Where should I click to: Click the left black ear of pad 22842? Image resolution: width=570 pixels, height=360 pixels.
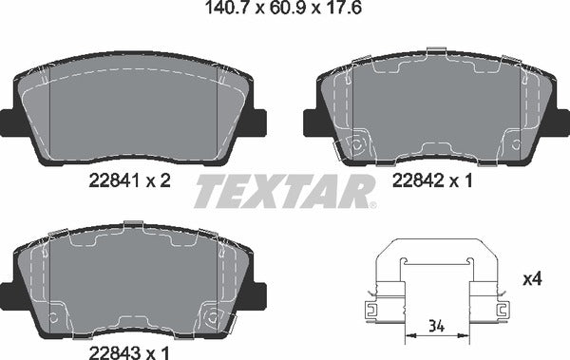(311, 123)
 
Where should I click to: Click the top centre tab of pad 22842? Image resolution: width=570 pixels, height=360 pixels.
(436, 50)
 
